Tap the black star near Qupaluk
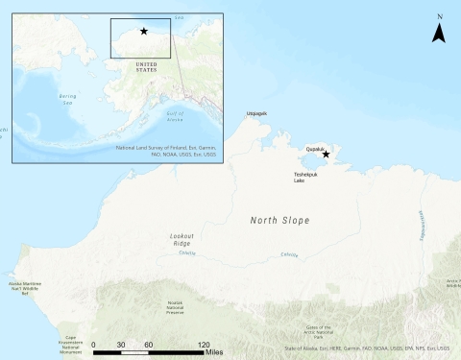[x=326, y=154]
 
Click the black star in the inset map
[x=143, y=31]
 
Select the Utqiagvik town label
[x=256, y=113]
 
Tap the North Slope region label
[x=280, y=221]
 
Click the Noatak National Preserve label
[x=175, y=307]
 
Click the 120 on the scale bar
[x=204, y=344]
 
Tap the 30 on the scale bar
[x=121, y=344]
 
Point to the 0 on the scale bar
[x=93, y=344]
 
